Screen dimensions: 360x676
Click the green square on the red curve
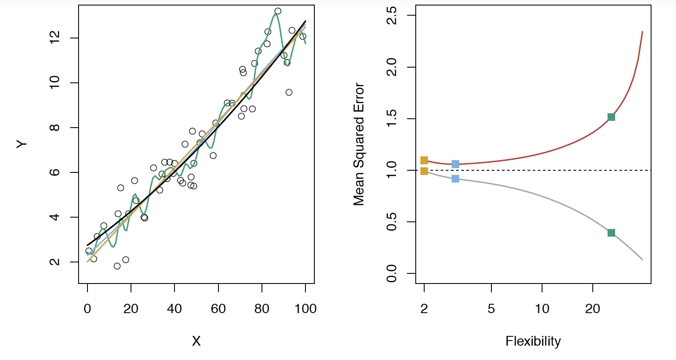click(x=611, y=117)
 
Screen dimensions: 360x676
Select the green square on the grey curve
click(x=611, y=233)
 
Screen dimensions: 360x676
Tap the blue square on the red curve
click(x=455, y=164)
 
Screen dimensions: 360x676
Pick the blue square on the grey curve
click(x=455, y=179)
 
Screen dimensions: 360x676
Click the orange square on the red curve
click(x=424, y=160)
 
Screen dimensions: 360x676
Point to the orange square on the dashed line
click(x=424, y=171)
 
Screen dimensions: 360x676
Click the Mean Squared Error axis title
click(x=359, y=145)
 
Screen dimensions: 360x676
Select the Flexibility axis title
click(x=533, y=341)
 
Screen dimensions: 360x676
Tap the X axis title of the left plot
click(x=196, y=341)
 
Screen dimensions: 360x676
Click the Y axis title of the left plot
click(x=22, y=145)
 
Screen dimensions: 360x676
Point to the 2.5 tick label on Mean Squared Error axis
click(x=391, y=16)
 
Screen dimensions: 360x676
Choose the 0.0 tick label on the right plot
click(x=391, y=273)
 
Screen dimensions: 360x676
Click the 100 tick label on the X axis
click(x=305, y=309)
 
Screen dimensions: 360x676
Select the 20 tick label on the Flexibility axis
click(x=592, y=309)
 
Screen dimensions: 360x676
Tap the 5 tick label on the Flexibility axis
click(x=491, y=309)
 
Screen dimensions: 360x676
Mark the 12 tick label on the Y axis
click(x=55, y=38)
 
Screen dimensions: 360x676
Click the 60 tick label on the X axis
click(x=218, y=309)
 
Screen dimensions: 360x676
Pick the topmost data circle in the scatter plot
click(x=278, y=11)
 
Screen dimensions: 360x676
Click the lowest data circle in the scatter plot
click(x=117, y=266)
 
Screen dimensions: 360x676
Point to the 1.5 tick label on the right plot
click(x=391, y=119)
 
